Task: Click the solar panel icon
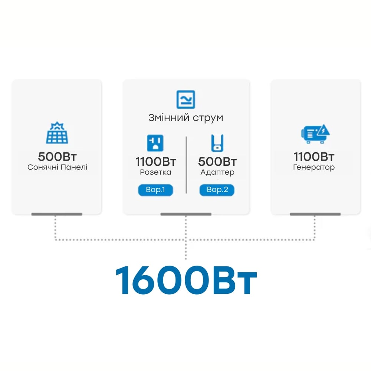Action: pos(57,133)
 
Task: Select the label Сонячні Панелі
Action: pos(57,167)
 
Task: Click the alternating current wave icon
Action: pos(185,99)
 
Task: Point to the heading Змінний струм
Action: pos(185,118)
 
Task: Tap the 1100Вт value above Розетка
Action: pos(155,162)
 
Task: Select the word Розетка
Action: pos(155,172)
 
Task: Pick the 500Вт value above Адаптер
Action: pos(217,162)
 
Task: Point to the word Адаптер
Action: pos(217,172)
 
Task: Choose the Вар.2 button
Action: pos(217,190)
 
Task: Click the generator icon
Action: pos(315,134)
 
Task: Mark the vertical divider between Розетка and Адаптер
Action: pos(186,165)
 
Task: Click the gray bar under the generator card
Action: pos(315,214)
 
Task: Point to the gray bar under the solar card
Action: pos(57,214)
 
